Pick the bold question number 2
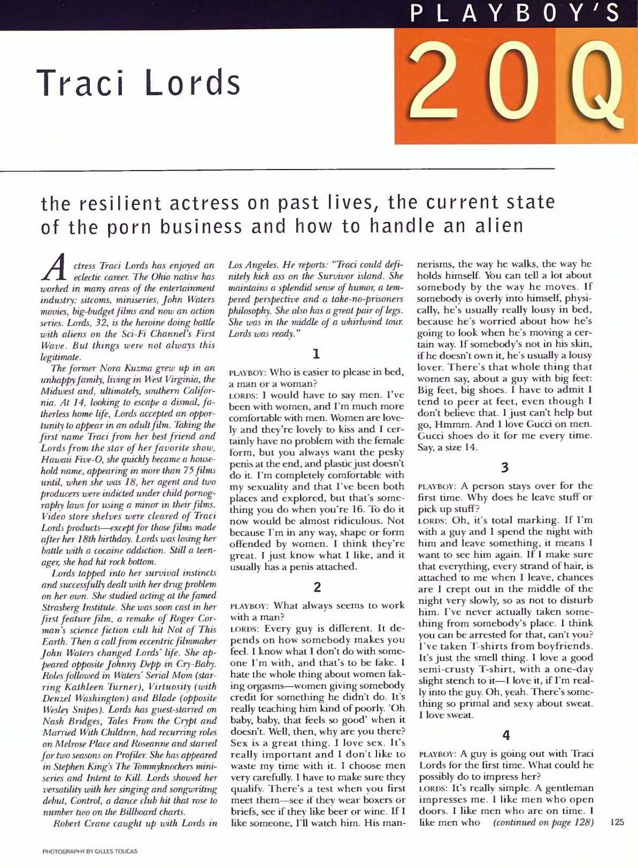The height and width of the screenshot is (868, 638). point(317,587)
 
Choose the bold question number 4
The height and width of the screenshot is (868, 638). point(504,736)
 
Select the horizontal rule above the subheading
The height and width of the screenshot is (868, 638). point(278,168)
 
